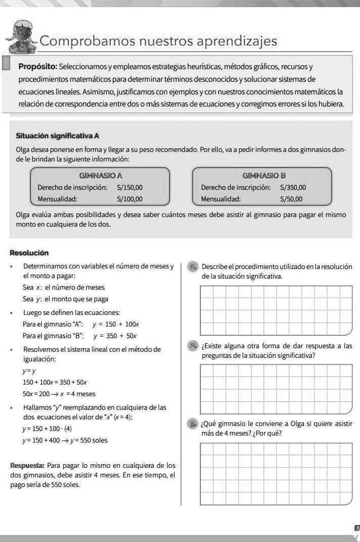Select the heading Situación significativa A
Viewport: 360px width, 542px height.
pyautogui.click(x=58, y=136)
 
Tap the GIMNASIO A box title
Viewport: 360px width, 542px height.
pyautogui.click(x=101, y=175)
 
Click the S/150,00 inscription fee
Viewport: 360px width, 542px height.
pyautogui.click(x=130, y=187)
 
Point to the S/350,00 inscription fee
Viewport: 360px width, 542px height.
pyautogui.click(x=293, y=187)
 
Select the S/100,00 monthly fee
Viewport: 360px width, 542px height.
pyautogui.click(x=130, y=200)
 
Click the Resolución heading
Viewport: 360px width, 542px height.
pyautogui.click(x=29, y=253)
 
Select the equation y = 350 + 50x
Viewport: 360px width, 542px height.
pyautogui.click(x=115, y=336)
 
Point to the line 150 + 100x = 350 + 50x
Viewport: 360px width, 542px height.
pyautogui.click(x=55, y=382)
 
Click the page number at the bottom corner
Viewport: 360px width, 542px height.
pyautogui.click(x=355, y=528)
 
